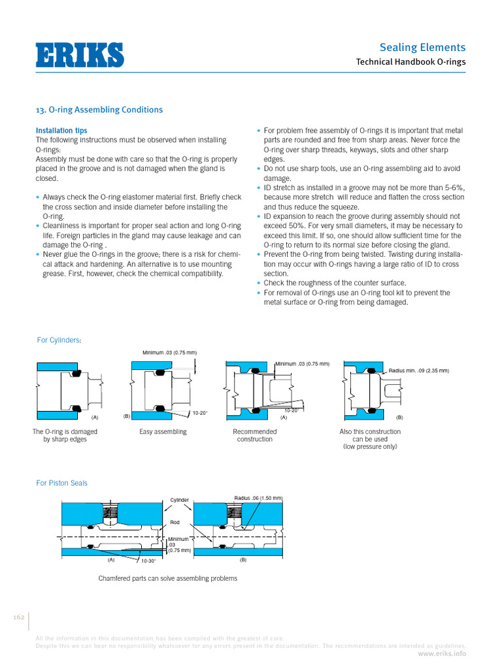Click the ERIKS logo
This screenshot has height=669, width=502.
pyautogui.click(x=79, y=55)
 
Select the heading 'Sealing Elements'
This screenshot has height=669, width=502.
pyautogui.click(x=422, y=47)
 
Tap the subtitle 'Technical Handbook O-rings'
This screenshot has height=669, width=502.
pyautogui.click(x=410, y=63)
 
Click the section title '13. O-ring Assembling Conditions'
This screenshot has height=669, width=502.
pyautogui.click(x=99, y=110)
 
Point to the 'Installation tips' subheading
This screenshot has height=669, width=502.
pyautogui.click(x=61, y=131)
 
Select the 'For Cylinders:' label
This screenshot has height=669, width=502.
pyautogui.click(x=59, y=340)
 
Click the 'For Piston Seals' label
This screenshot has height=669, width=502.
pyautogui.click(x=61, y=483)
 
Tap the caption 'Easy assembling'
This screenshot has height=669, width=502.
pyautogui.click(x=163, y=432)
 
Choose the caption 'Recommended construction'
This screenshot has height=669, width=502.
pyautogui.click(x=254, y=435)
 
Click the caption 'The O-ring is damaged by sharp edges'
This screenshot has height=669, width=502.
pyautogui.click(x=65, y=435)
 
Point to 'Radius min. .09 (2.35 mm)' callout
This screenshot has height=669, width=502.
pyautogui.click(x=419, y=370)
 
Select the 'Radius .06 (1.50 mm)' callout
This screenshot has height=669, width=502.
pyautogui.click(x=258, y=498)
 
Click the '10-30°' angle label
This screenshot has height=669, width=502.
pyautogui.click(x=149, y=561)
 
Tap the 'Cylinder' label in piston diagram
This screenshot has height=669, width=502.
pyautogui.click(x=180, y=500)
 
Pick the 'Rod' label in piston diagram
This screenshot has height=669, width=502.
pyautogui.click(x=175, y=522)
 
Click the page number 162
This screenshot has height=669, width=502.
pyautogui.click(x=18, y=617)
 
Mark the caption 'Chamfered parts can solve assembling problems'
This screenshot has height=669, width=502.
pyautogui.click(x=167, y=578)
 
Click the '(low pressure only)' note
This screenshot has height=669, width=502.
pyautogui.click(x=370, y=447)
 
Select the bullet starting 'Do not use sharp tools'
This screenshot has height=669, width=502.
pyautogui.click(x=361, y=173)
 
